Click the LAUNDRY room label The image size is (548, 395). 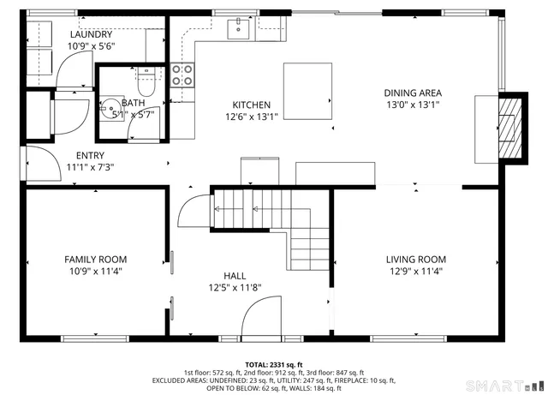[x=91, y=33]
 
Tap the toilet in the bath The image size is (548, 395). [x=146, y=84]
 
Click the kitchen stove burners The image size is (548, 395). [x=182, y=75]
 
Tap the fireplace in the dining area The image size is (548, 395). [x=509, y=126]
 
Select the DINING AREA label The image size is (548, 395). [x=413, y=93]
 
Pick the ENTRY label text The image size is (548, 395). [x=90, y=155]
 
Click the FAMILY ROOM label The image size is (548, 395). [x=96, y=259]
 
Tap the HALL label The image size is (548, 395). [x=235, y=275]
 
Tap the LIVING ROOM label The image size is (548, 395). [x=415, y=259]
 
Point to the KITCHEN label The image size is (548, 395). [x=252, y=105]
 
